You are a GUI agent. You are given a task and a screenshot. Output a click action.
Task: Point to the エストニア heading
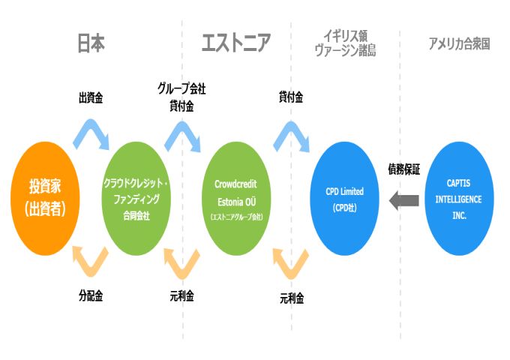(236, 43)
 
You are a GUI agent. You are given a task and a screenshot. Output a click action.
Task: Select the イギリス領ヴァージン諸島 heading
(346, 43)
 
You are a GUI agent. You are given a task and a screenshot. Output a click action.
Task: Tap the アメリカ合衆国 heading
(459, 43)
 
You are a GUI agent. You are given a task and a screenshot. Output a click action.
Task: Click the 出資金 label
(91, 97)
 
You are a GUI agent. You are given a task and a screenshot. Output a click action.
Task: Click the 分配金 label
(91, 295)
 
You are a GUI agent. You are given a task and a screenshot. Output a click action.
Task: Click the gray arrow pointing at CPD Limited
(405, 199)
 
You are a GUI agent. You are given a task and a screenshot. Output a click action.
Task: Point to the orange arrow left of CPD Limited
(290, 262)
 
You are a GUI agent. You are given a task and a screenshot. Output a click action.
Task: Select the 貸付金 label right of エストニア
(290, 97)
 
